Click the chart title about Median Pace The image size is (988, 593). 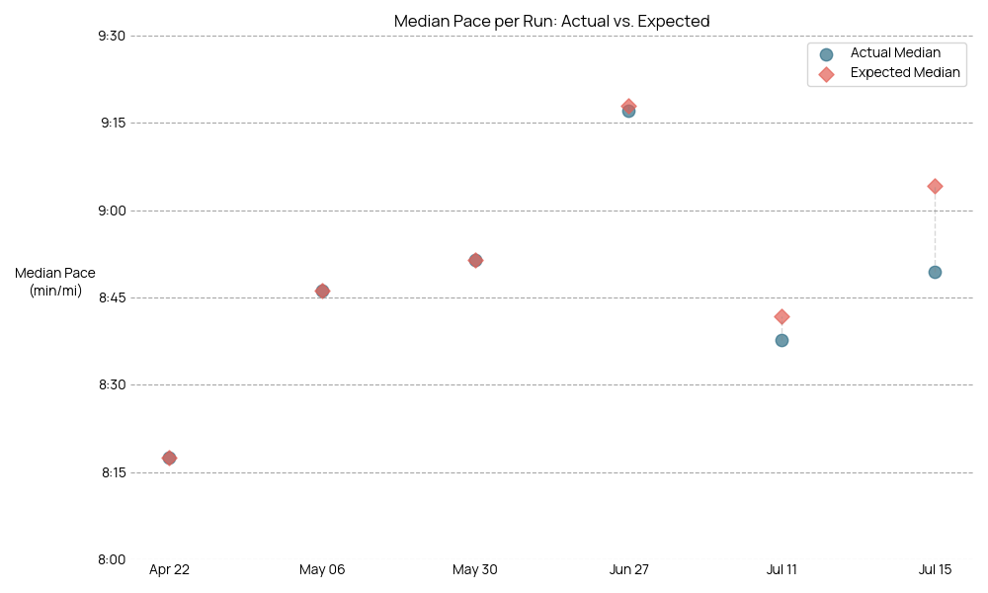click(x=551, y=21)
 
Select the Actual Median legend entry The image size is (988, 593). click(x=895, y=53)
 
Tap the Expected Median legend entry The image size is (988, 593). click(x=904, y=73)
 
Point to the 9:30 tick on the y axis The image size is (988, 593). click(x=112, y=37)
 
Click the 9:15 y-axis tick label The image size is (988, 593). click(x=112, y=124)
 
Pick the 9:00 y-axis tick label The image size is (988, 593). click(x=112, y=211)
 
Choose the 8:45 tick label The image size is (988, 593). click(x=112, y=297)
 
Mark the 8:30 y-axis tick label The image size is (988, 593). click(x=112, y=385)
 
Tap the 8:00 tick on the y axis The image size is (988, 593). click(x=112, y=559)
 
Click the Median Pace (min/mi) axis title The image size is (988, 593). click(x=55, y=282)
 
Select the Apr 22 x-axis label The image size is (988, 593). click(x=169, y=570)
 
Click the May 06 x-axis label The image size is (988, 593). click(x=322, y=570)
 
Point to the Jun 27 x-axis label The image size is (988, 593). click(x=628, y=570)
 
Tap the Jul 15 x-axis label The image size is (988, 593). click(x=935, y=570)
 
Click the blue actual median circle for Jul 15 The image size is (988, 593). click(x=935, y=272)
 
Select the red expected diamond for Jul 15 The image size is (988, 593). click(x=935, y=186)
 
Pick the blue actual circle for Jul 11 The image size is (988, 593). click(x=782, y=340)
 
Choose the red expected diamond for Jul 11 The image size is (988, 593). click(x=782, y=316)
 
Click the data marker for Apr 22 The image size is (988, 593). click(x=169, y=458)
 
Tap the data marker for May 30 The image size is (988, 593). click(x=475, y=260)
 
